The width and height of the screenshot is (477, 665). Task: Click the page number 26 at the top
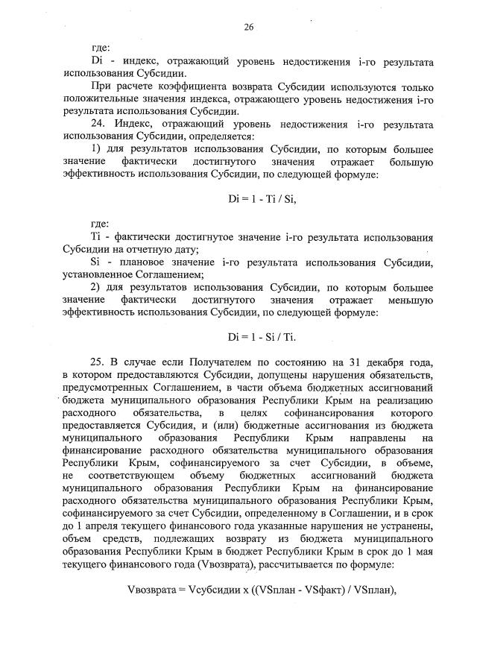249,28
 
